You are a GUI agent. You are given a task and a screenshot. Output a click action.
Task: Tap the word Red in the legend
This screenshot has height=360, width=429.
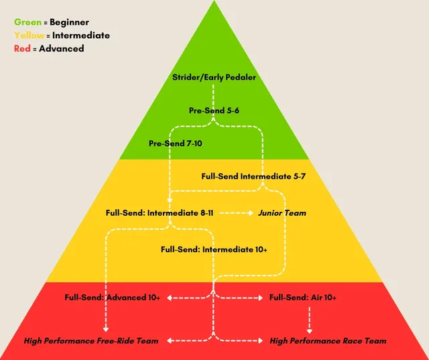coord(22,48)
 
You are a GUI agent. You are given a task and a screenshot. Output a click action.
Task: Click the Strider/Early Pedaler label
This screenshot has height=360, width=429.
coord(214,77)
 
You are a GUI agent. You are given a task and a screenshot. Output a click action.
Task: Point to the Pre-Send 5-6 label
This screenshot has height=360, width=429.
coord(214,109)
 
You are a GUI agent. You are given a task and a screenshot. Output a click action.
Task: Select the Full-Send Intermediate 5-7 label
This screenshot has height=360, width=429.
coord(253,177)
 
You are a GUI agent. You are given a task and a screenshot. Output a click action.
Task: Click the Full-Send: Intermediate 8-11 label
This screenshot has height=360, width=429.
coord(160,213)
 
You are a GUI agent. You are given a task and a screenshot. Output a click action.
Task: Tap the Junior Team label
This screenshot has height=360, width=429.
coord(282,213)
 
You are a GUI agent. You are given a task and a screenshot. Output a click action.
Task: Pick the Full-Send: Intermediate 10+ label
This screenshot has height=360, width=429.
coord(214,249)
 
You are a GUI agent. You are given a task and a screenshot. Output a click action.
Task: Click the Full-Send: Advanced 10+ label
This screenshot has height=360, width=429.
coord(112,297)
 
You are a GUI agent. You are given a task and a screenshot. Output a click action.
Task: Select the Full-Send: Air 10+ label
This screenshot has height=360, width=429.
coord(302,297)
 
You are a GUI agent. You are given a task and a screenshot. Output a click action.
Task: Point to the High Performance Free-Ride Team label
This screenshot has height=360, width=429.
coord(91,341)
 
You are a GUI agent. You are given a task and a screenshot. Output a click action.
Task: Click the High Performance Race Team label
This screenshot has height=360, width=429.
coord(328,341)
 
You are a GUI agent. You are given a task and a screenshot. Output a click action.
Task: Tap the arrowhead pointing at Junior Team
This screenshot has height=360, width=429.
coord(250,213)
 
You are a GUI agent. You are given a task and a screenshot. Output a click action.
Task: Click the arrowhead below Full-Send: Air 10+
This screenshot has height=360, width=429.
coord(309,330)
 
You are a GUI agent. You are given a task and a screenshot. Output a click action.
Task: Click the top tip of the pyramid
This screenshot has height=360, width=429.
coord(214,2)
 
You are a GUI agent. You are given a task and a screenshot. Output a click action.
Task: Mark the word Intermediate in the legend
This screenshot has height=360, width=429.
coord(81,35)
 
